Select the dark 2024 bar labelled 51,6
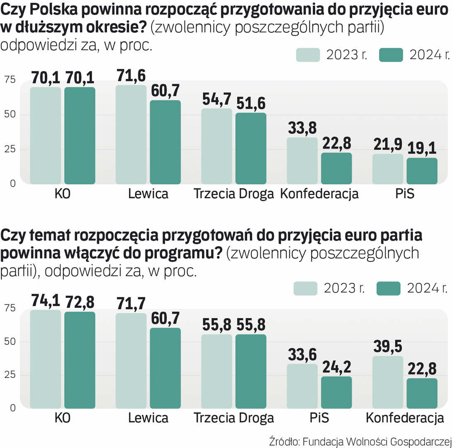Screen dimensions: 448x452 [251, 148]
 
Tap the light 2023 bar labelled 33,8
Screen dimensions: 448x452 [302, 161]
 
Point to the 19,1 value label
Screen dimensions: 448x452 [422, 148]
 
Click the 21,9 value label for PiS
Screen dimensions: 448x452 [388, 144]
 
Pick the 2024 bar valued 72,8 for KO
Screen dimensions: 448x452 [80, 360]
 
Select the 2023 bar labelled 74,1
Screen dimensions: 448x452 [46, 359]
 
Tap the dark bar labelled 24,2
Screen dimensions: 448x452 [336, 392]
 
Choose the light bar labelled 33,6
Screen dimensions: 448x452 [302, 386]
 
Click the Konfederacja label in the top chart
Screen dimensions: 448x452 [319, 194]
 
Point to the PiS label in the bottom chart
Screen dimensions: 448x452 [319, 418]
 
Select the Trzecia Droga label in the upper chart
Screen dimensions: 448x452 [234, 194]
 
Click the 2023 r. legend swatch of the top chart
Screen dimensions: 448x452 [308, 55]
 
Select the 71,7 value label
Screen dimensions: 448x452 [131, 304]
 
